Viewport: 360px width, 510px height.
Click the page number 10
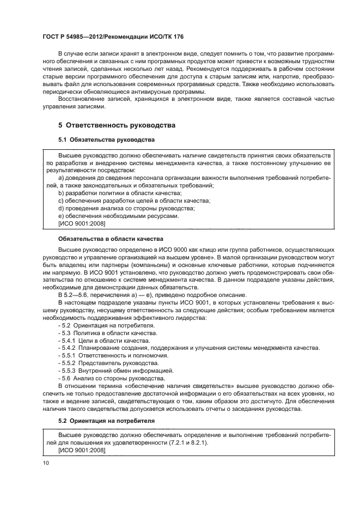pos(45,463)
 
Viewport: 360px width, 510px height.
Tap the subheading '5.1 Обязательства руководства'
pos(106,140)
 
